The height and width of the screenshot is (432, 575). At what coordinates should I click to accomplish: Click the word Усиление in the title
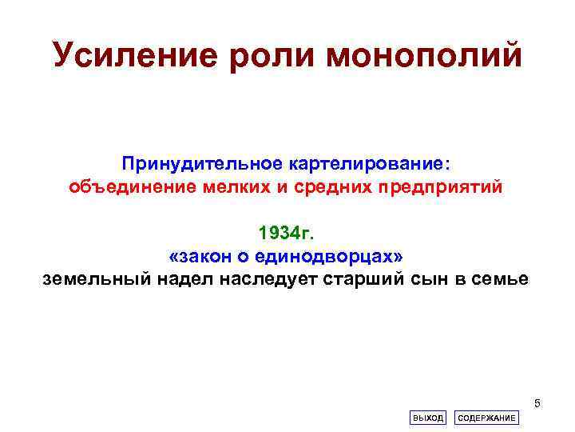click(133, 54)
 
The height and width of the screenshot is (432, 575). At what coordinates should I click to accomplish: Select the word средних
click(318, 187)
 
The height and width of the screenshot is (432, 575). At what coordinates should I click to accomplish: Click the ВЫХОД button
click(427, 418)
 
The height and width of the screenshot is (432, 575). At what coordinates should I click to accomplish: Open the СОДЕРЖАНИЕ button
click(486, 418)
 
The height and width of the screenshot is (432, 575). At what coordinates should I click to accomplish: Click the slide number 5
click(537, 402)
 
